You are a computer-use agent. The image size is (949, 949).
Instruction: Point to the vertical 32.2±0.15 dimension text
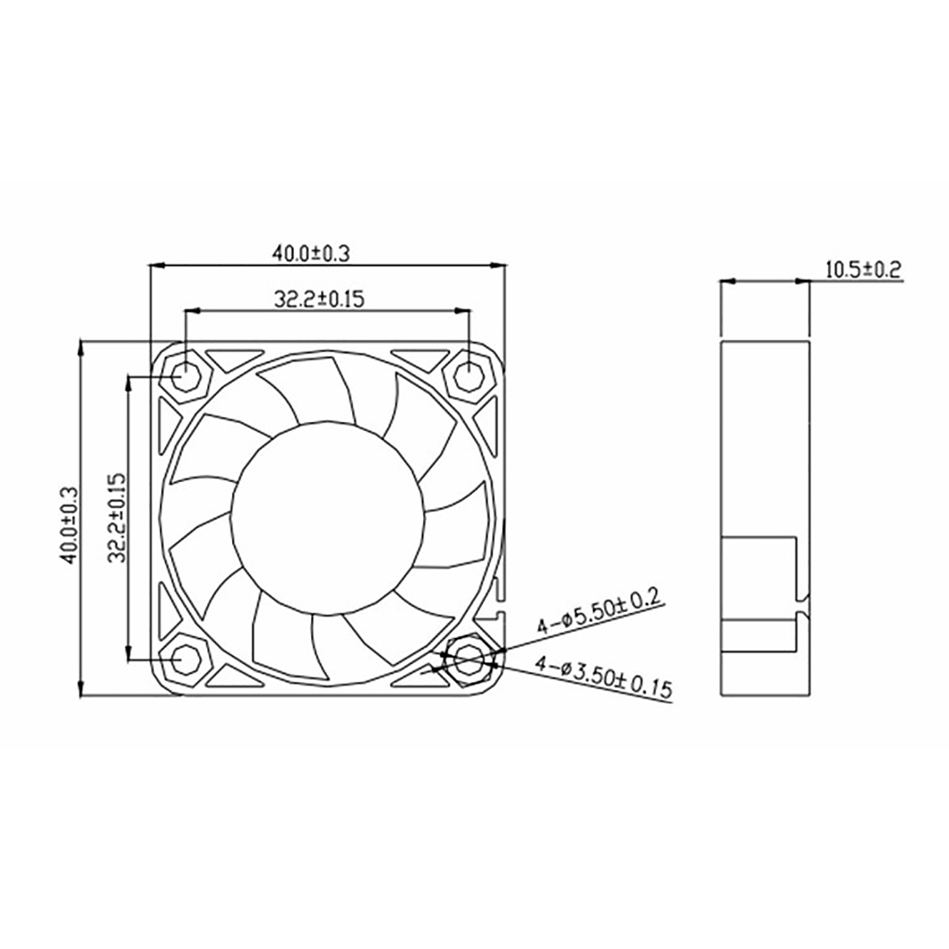117,518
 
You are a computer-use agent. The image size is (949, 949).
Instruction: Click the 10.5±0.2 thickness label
864,270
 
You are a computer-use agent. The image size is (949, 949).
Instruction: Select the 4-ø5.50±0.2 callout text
598,612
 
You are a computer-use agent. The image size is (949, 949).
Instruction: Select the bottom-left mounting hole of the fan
186,660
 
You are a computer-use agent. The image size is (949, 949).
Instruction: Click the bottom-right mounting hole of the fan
469,660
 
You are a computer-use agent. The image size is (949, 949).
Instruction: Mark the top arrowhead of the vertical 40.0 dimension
81,348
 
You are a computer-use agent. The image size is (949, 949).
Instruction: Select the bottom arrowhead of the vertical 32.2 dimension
128,652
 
